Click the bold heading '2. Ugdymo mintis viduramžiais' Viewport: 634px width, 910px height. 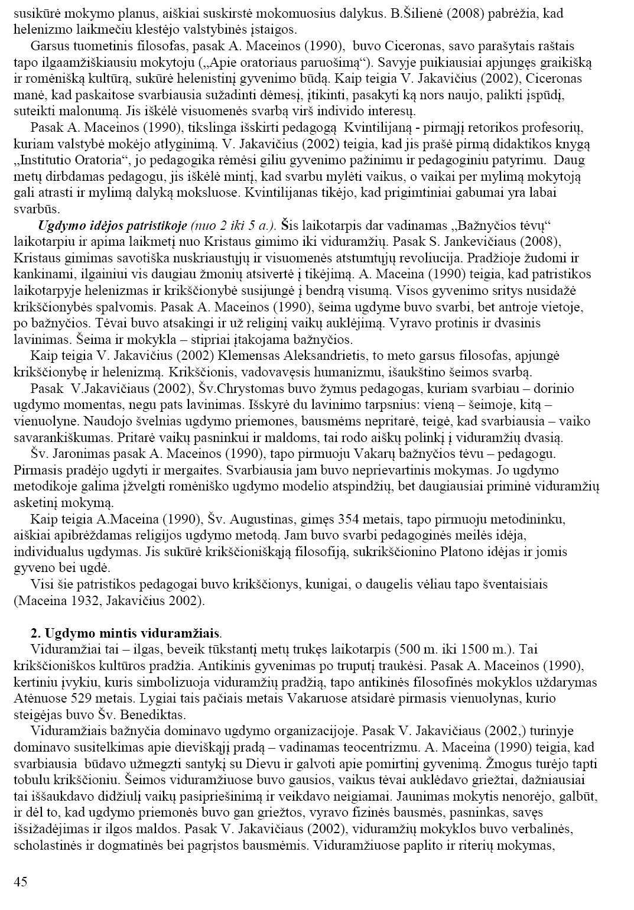(x=125, y=633)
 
